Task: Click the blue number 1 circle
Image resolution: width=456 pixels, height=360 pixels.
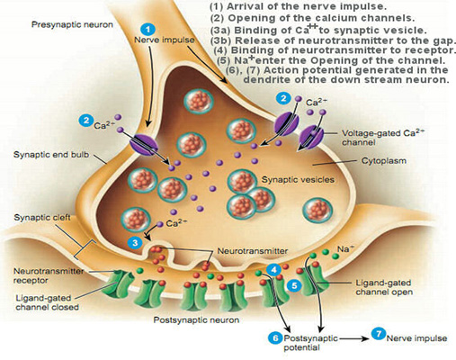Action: [148, 30]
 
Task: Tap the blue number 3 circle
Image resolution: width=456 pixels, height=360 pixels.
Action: [135, 242]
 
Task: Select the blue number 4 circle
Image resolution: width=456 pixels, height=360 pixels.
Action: [273, 270]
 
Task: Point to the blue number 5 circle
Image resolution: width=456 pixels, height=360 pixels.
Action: [294, 285]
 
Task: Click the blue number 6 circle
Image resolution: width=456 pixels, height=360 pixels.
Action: [275, 338]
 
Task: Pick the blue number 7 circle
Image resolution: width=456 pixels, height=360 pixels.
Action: [379, 334]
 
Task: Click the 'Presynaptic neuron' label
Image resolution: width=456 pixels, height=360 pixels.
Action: [72, 24]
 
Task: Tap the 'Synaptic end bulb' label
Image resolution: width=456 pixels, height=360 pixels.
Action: [51, 155]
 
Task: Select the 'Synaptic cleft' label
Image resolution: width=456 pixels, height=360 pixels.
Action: [42, 218]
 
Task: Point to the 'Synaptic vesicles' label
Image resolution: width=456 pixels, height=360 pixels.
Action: [298, 180]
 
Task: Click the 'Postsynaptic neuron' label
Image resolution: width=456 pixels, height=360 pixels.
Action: [196, 320]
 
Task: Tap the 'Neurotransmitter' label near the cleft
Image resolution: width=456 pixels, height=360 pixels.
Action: [253, 251]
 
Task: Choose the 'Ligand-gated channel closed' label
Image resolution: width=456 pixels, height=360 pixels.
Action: [48, 302]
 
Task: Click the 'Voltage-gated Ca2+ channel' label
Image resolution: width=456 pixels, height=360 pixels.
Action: [383, 137]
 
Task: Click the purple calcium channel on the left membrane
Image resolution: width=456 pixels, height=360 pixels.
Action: [144, 144]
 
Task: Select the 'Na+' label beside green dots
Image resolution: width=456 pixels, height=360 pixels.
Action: [345, 249]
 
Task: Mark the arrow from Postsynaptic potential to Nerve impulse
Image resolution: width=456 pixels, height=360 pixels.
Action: [353, 338]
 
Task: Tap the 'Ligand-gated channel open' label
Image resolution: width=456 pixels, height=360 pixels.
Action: [384, 287]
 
